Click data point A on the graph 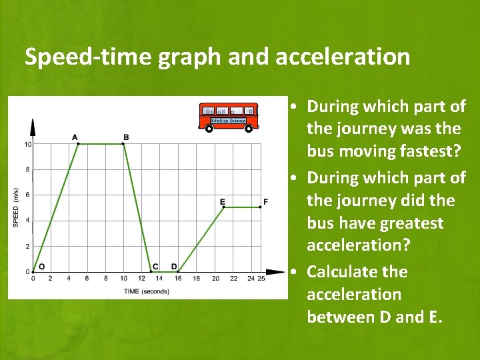pos(79,144)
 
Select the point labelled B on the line pos(123,144)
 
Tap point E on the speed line pos(223,207)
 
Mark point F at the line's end pos(260,207)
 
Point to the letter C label pos(155,267)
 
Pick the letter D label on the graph pos(174,267)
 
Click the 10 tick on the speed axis pos(27,145)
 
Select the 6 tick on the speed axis pos(27,195)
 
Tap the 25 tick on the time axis pos(261,279)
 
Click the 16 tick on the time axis pos(178,279)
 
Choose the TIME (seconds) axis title pos(146,291)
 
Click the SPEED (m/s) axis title pos(16,207)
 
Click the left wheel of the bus pos(209,129)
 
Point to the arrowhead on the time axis pos(275,272)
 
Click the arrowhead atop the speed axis pos(33,125)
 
